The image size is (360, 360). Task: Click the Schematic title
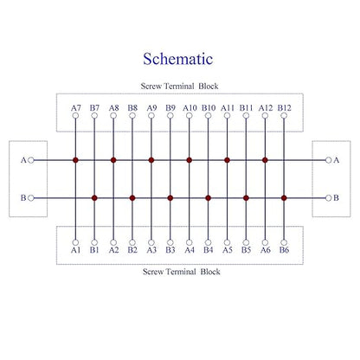click(178, 59)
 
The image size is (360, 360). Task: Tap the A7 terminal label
click(76, 108)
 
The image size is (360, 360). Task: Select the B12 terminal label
click(285, 108)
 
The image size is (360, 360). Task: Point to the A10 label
click(190, 108)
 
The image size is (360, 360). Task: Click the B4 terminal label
click(209, 250)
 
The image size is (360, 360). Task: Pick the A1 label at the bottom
click(75, 250)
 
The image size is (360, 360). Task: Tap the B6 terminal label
click(284, 250)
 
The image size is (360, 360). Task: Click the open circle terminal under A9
click(151, 116)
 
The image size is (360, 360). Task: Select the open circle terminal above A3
click(151, 242)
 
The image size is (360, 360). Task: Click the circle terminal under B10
click(209, 116)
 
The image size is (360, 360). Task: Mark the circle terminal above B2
click(132, 242)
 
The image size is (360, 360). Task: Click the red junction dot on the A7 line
click(75, 160)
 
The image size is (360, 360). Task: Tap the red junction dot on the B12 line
click(284, 198)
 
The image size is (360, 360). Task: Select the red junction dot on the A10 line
click(190, 160)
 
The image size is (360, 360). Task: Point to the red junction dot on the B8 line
click(132, 198)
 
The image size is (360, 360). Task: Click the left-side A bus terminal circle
click(31, 160)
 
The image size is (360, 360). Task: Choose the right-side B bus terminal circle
click(329, 198)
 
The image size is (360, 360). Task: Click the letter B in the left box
click(23, 198)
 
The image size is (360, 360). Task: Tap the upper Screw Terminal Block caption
click(179, 86)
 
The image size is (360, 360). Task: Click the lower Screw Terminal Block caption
click(182, 272)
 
